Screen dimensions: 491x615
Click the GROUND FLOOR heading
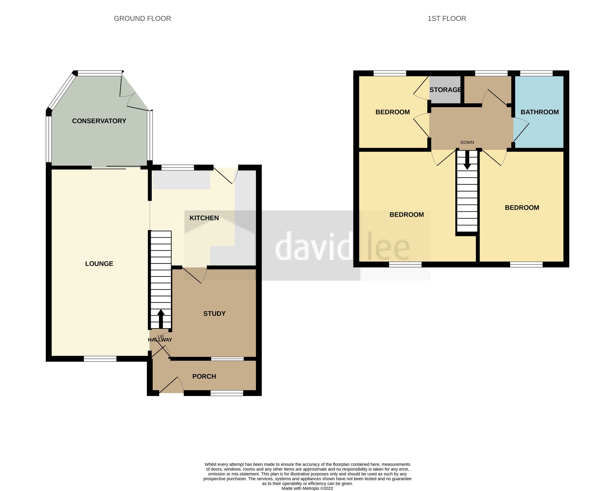pyautogui.click(x=142, y=19)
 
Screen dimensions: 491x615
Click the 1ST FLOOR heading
pyautogui.click(x=447, y=19)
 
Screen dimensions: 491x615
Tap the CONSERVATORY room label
pyautogui.click(x=99, y=121)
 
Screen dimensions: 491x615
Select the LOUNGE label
pyautogui.click(x=99, y=264)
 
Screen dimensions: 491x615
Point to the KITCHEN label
pyautogui.click(x=204, y=218)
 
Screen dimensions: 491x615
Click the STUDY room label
pyautogui.click(x=214, y=314)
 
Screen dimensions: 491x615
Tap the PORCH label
pyautogui.click(x=204, y=376)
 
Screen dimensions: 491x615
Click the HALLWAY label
pyautogui.click(x=160, y=340)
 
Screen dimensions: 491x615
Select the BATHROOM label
pyautogui.click(x=539, y=112)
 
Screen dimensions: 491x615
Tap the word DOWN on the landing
pyautogui.click(x=467, y=142)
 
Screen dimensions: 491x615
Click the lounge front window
pyautogui.click(x=100, y=359)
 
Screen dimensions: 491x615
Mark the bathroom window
pyautogui.click(x=536, y=73)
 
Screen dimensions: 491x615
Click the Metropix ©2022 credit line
pyautogui.click(x=307, y=488)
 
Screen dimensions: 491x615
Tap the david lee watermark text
pyautogui.click(x=342, y=247)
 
